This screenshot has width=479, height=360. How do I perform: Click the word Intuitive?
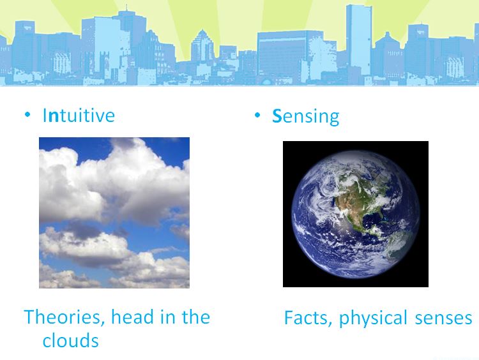click(79, 115)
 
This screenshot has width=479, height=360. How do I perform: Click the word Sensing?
click(305, 117)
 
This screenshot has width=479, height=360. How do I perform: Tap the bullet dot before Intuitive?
click(27, 115)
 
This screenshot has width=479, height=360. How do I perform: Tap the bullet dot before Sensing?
click(257, 115)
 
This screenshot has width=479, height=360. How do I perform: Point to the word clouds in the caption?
click(70, 340)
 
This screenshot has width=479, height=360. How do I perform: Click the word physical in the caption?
click(373, 319)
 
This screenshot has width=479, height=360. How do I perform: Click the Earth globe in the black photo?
click(355, 214)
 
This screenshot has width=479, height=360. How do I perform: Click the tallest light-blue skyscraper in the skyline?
click(359, 40)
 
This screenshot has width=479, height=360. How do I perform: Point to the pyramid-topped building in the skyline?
click(202, 47)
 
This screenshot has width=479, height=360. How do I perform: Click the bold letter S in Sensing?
click(277, 116)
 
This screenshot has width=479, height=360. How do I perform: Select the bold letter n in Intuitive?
click(53, 116)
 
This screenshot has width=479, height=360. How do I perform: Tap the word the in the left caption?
click(196, 317)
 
